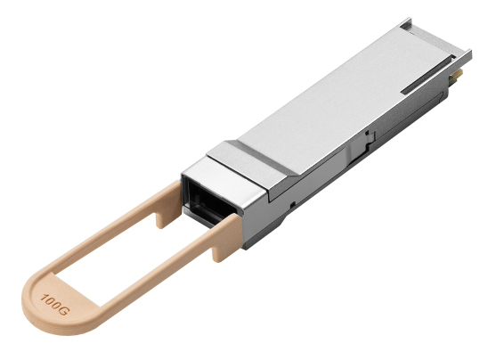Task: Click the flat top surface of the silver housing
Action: tap(338, 98)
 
